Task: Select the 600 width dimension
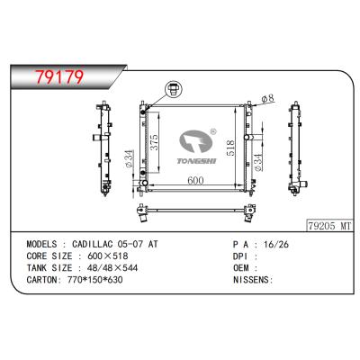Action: coord(195,180)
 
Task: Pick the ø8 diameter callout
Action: coord(267,98)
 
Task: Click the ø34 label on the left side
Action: coord(130,160)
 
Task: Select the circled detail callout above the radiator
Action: coord(170,89)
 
